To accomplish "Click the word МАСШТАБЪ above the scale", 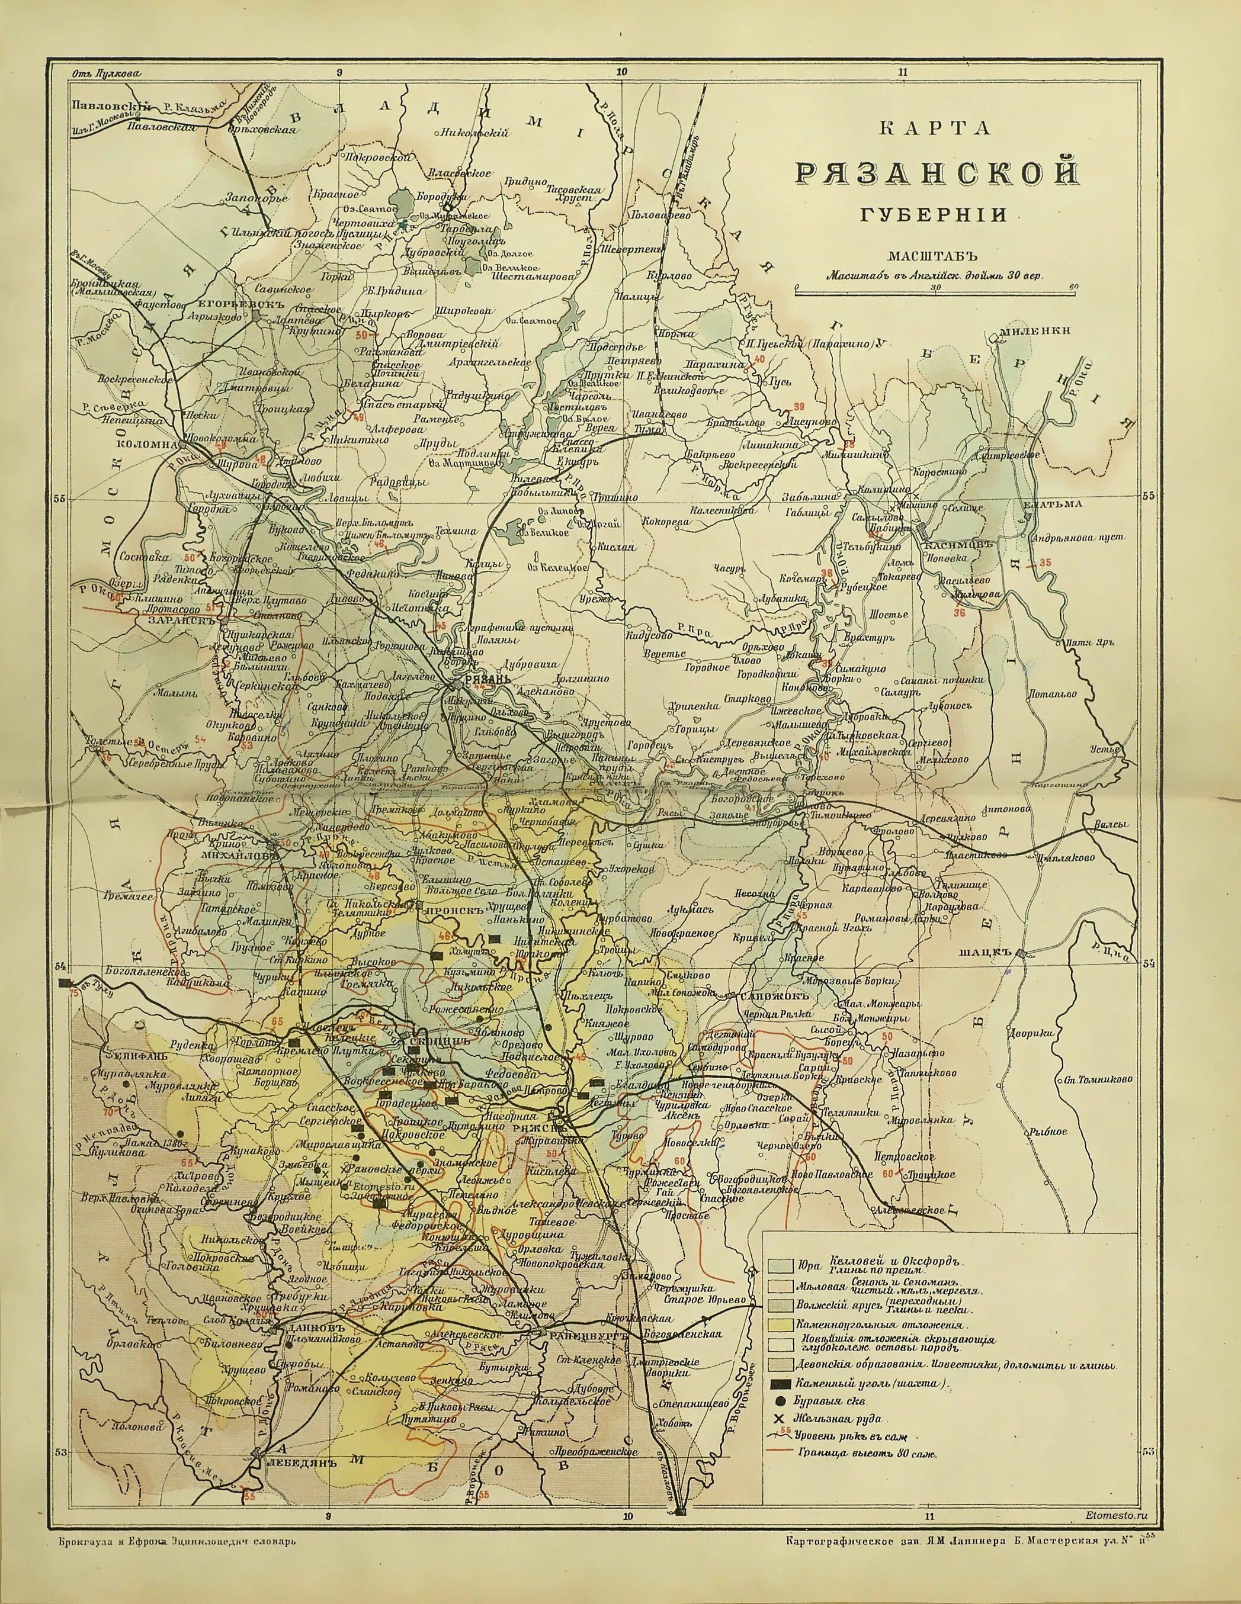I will pyautogui.click(x=935, y=256).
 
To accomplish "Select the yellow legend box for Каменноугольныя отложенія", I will pyautogui.click(x=781, y=1325).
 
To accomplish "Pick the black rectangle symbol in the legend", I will pyautogui.click(x=781, y=1384).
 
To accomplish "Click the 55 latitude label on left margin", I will pyautogui.click(x=60, y=498).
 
